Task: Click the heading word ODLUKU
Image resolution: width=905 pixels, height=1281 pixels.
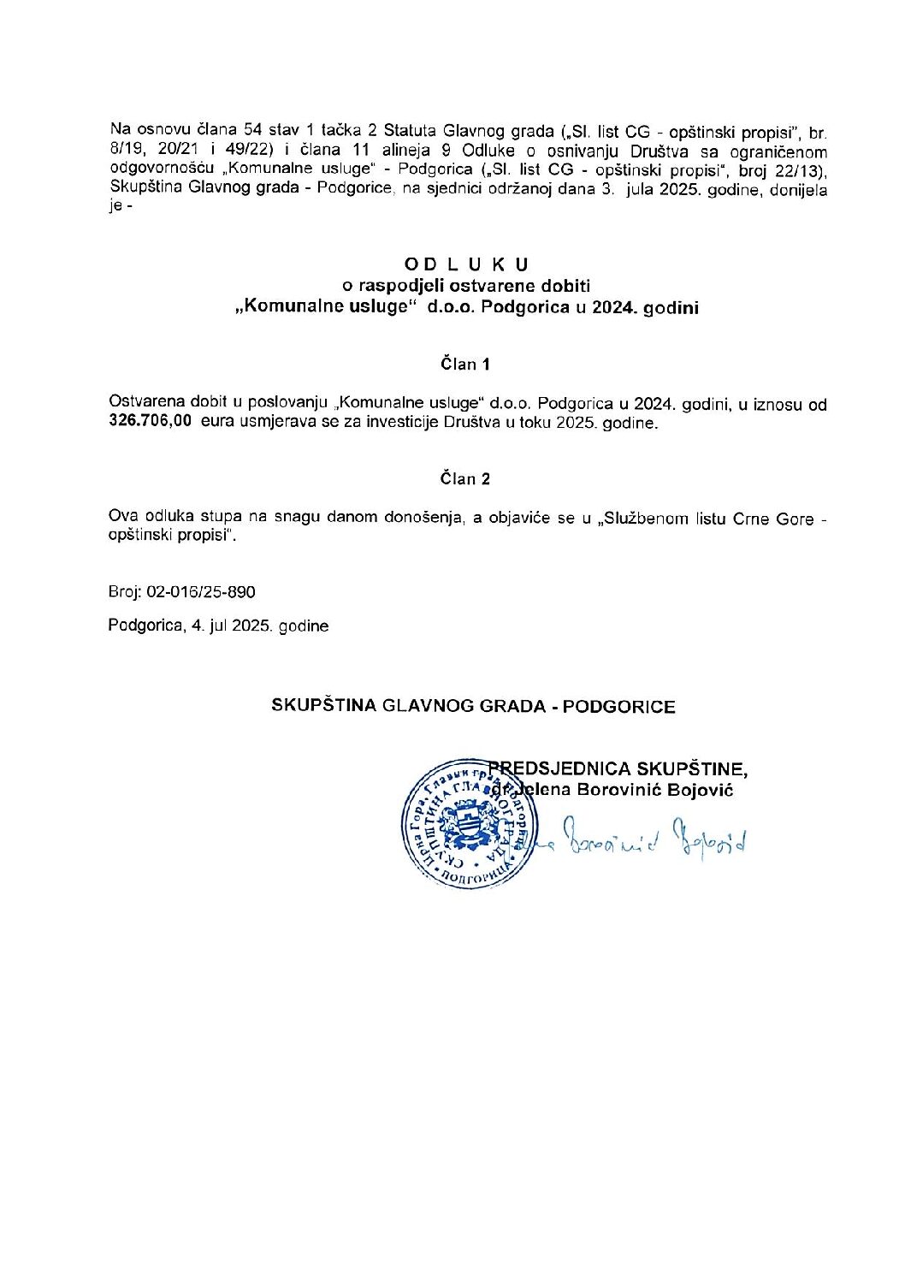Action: click(466, 264)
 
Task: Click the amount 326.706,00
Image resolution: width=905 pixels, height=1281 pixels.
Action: click(151, 422)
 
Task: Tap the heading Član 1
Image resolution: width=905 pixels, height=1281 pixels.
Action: click(465, 365)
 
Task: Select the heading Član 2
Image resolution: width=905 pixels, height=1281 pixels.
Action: click(465, 479)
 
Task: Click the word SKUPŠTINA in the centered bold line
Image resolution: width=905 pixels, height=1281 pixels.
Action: click(324, 706)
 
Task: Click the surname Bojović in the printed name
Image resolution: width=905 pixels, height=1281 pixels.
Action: click(701, 790)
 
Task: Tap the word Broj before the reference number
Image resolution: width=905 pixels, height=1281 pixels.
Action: click(125, 592)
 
